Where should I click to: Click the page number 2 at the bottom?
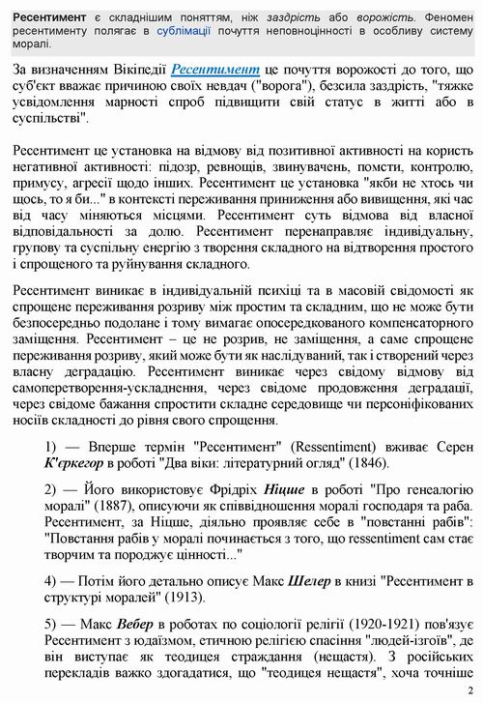pyautogui.click(x=469, y=690)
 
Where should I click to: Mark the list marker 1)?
pyautogui.click(x=54, y=471)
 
